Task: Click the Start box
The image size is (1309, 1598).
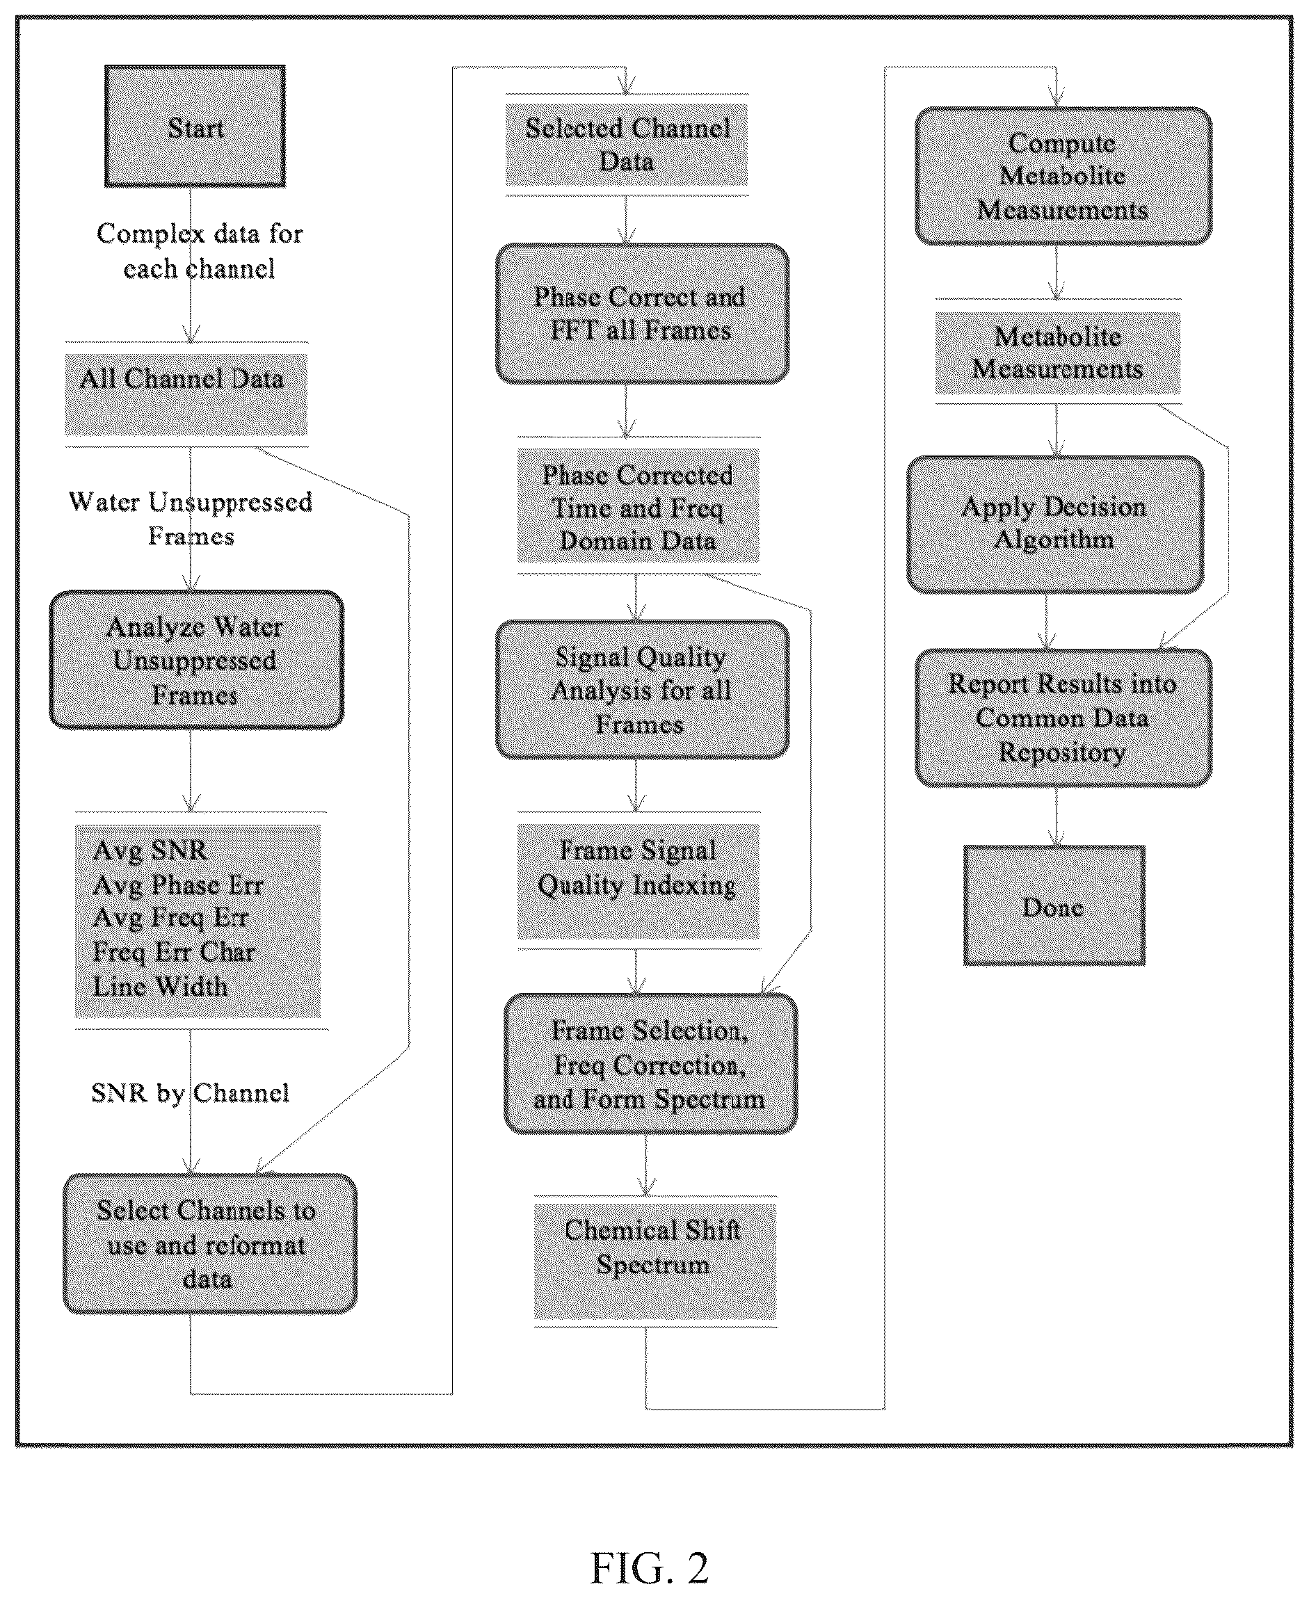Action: pos(195,126)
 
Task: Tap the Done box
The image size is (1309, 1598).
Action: pos(1054,905)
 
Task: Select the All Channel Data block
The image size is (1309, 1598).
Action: pos(186,394)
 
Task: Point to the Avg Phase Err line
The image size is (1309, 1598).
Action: pos(178,884)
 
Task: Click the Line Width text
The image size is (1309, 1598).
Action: pos(160,986)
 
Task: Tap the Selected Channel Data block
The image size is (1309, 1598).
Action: pos(627,145)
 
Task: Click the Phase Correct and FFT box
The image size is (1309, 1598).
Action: pos(643,314)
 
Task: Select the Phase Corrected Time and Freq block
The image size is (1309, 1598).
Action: pos(638,506)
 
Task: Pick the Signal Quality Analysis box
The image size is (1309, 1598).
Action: pos(643,690)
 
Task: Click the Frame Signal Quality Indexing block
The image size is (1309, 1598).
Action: pos(638,881)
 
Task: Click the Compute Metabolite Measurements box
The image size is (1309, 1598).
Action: pos(1063,176)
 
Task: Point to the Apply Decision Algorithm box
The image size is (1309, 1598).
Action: pos(1055,524)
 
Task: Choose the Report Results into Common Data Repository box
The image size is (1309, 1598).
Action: pos(1063,718)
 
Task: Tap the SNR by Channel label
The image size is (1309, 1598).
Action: pos(190,1093)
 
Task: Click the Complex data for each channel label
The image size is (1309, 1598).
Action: pos(199,251)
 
